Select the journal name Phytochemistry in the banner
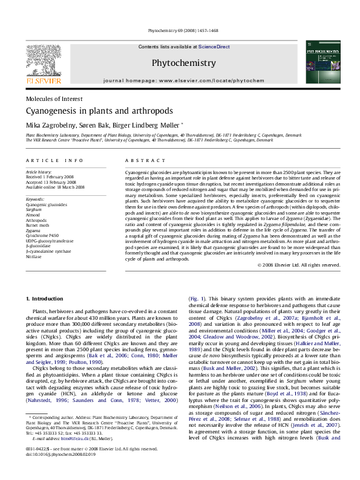point(183,63)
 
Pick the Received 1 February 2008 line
point(55,177)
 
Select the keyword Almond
point(34,215)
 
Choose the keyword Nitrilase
point(35,256)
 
